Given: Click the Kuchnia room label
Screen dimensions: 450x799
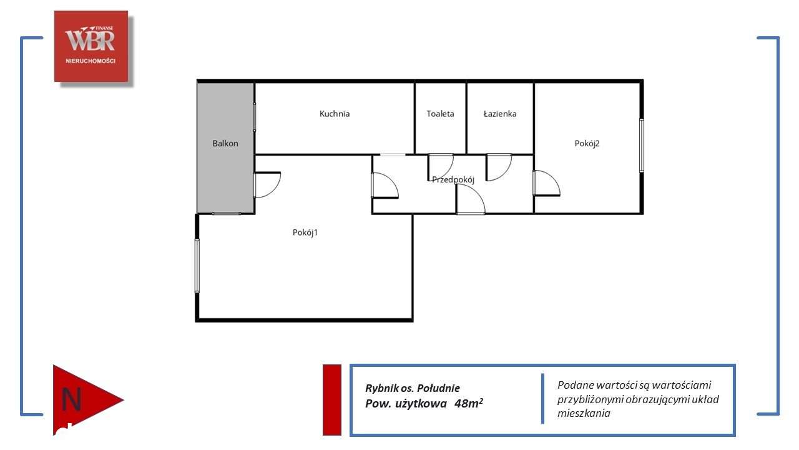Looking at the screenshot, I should tap(335, 114).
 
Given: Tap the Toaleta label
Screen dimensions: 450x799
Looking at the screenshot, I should tap(440, 114).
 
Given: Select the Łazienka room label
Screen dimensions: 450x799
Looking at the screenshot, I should tap(500, 114).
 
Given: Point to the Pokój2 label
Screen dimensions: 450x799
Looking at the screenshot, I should tap(587, 143).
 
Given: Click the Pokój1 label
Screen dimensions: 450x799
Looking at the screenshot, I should tap(305, 232).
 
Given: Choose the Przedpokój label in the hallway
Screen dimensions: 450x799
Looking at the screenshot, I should tap(453, 179).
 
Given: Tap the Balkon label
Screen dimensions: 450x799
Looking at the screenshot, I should tap(225, 143).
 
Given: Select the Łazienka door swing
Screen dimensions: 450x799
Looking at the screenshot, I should tap(499, 166).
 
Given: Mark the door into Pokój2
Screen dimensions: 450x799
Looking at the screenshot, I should tap(546, 183).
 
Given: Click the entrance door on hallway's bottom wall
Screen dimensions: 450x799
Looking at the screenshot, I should tap(471, 200).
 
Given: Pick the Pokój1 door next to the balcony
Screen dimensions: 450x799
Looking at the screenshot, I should tap(267, 185).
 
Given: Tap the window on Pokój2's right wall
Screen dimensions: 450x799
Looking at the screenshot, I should tap(641, 145).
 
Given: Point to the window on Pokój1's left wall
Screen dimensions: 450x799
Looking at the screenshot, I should tap(197, 266).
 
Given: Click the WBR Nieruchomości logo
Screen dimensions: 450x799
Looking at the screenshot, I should tap(91, 46).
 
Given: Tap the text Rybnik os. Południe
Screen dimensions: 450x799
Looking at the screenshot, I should tap(413, 388).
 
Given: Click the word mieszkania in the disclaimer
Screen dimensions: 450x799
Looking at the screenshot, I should tap(584, 413).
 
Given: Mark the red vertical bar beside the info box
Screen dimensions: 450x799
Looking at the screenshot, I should tap(332, 399).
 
